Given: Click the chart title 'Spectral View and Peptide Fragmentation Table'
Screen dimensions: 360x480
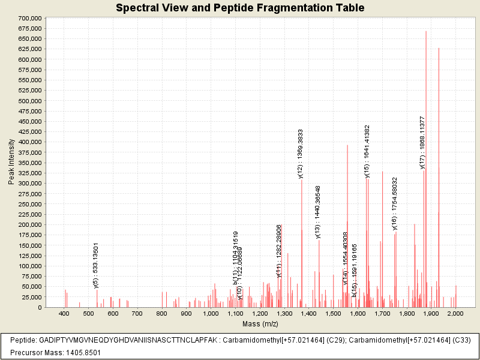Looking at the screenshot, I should pos(240,8).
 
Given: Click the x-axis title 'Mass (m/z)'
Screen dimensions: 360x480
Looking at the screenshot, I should pos(260,324).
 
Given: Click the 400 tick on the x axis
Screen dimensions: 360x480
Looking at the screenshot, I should pos(64,314).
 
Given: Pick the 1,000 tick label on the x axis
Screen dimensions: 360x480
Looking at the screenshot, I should pos(211,314).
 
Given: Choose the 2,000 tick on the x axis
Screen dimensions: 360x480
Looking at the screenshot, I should pos(455,314).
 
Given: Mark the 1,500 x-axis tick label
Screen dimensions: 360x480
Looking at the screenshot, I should pos(333,314).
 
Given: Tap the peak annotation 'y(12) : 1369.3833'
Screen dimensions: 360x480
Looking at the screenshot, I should pos(301,154).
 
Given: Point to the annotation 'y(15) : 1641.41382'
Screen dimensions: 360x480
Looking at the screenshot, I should pos(367,151).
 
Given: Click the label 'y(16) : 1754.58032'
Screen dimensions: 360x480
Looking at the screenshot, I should pos(394,203).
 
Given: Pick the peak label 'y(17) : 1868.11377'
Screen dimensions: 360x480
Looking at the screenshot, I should pos(422,143).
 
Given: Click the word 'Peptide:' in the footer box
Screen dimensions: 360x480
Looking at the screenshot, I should pos(24,340).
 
